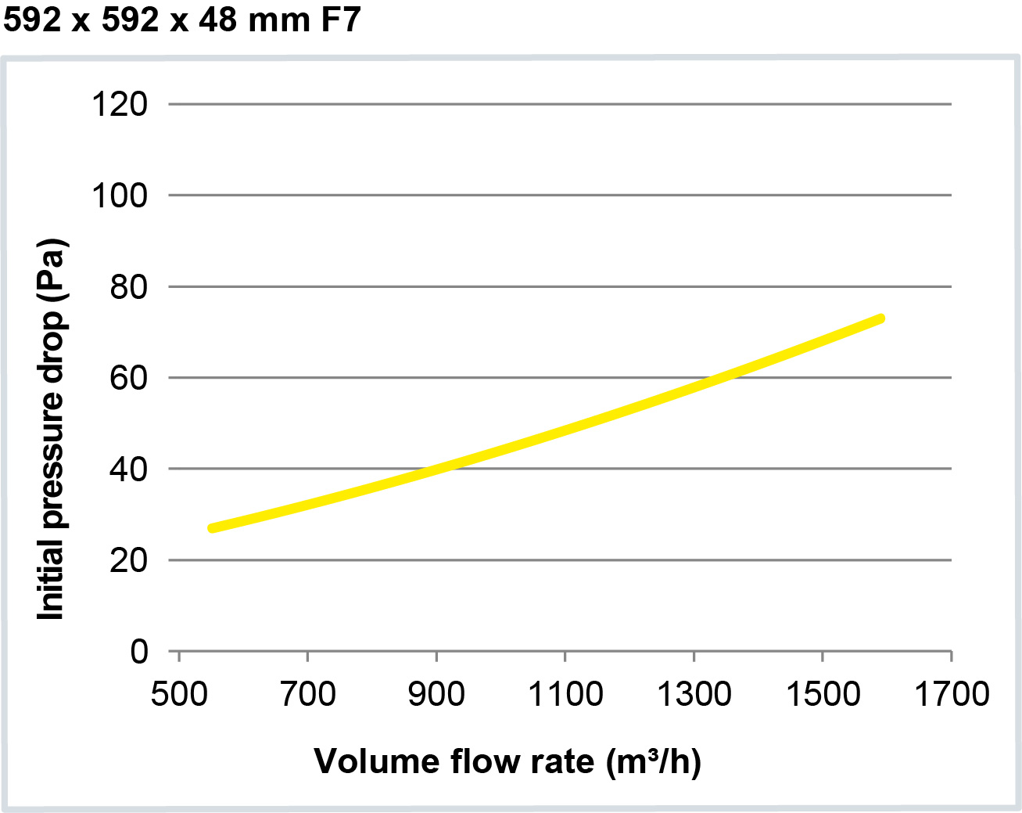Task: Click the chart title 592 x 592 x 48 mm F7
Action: [x=181, y=20]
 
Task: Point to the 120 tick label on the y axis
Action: [x=120, y=104]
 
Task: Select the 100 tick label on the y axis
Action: [x=120, y=196]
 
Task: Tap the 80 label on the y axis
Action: [x=128, y=287]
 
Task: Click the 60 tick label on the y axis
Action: [x=128, y=378]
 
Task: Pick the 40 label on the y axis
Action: [x=128, y=469]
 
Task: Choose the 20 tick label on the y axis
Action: [x=128, y=560]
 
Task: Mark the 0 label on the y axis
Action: [x=138, y=651]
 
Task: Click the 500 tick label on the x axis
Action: [x=179, y=693]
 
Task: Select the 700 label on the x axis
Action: [x=308, y=693]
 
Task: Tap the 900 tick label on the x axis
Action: [x=436, y=693]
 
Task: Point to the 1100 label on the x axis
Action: [x=565, y=693]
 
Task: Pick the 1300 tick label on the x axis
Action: [x=694, y=693]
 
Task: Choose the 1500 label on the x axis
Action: [x=823, y=693]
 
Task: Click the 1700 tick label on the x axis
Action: [x=952, y=693]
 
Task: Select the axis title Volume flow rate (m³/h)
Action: [x=507, y=761]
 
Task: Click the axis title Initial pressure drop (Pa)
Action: [x=51, y=429]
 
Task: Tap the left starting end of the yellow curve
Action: [x=212, y=528]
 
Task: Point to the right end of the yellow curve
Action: [x=880, y=318]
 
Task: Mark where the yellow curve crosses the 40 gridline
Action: [x=435, y=469]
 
